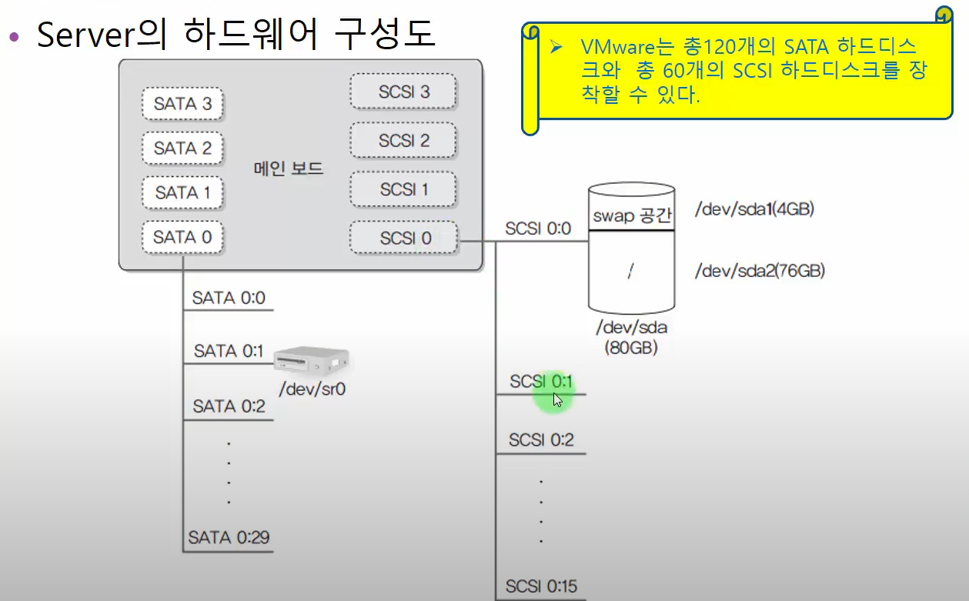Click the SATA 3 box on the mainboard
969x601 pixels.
[x=182, y=104]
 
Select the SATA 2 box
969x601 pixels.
[x=182, y=149]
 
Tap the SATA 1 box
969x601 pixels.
[x=182, y=193]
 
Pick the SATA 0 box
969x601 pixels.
[x=182, y=237]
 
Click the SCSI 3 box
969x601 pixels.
[x=403, y=92]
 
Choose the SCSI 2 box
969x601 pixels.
[x=403, y=140]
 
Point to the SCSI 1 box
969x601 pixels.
[x=403, y=189]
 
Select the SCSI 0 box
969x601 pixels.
[x=403, y=238]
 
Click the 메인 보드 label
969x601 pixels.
[x=289, y=169]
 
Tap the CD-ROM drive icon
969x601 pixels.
[x=312, y=359]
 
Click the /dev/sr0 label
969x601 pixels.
[x=312, y=389]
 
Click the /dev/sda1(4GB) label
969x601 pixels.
[x=754, y=209]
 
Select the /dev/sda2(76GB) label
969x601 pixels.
[x=760, y=271]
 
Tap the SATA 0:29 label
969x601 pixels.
[x=229, y=537]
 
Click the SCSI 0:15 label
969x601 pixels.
[x=542, y=586]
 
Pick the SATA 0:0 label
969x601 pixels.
[x=229, y=298]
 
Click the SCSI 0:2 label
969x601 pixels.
[x=542, y=439]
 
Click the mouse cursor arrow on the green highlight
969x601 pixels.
[x=557, y=400]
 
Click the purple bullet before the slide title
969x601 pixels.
[x=15, y=37]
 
